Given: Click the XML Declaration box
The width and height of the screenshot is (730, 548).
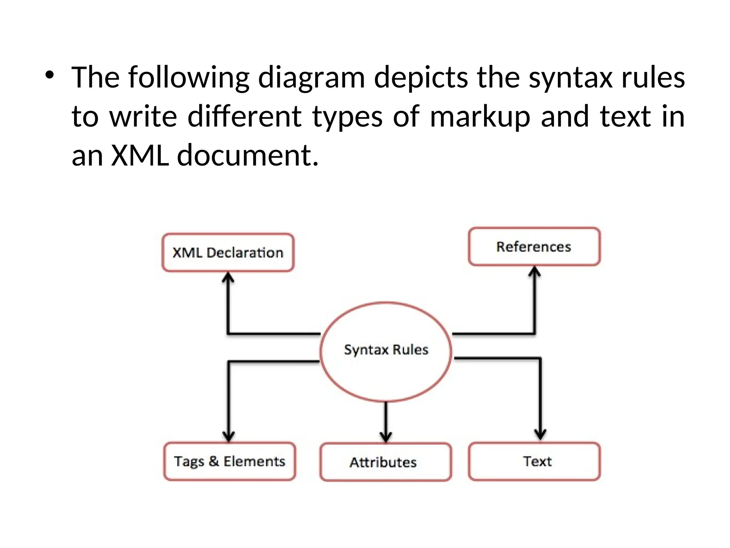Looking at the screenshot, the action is [x=228, y=253].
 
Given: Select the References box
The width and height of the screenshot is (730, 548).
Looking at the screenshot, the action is [x=534, y=247].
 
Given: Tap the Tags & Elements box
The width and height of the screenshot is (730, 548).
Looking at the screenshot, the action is [x=230, y=461].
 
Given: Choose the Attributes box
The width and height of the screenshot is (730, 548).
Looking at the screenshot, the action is [x=385, y=462].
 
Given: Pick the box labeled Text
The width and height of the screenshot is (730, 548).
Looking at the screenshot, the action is [x=534, y=461].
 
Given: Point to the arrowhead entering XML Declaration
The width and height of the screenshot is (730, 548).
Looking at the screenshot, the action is [x=228, y=278].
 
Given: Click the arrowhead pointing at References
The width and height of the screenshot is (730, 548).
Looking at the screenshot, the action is [x=534, y=272].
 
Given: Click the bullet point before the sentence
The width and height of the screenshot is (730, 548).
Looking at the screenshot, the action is [x=50, y=75].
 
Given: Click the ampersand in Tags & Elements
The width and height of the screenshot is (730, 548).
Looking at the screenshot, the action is [x=214, y=461].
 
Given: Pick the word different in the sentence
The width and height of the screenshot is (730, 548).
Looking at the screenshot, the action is [x=245, y=116].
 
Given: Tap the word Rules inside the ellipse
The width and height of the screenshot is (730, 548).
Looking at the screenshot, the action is [x=410, y=350].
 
